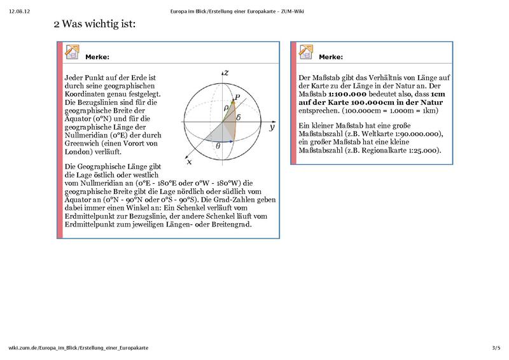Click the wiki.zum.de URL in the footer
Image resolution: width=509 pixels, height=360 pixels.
pyautogui.click(x=78, y=348)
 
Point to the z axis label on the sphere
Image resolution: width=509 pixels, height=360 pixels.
pyautogui.click(x=226, y=73)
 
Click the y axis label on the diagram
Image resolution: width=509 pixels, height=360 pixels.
pyautogui.click(x=271, y=127)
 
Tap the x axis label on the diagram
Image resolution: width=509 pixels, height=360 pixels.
pyautogui.click(x=188, y=153)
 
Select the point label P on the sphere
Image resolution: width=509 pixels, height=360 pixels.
pyautogui.click(x=237, y=97)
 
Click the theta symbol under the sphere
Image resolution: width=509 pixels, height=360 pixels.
pyautogui.click(x=218, y=146)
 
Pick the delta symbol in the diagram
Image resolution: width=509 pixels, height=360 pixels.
pyautogui.click(x=238, y=118)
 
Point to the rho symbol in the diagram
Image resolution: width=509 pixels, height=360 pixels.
pyautogui.click(x=225, y=108)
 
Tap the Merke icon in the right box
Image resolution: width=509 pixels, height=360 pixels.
pyautogui.click(x=305, y=52)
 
